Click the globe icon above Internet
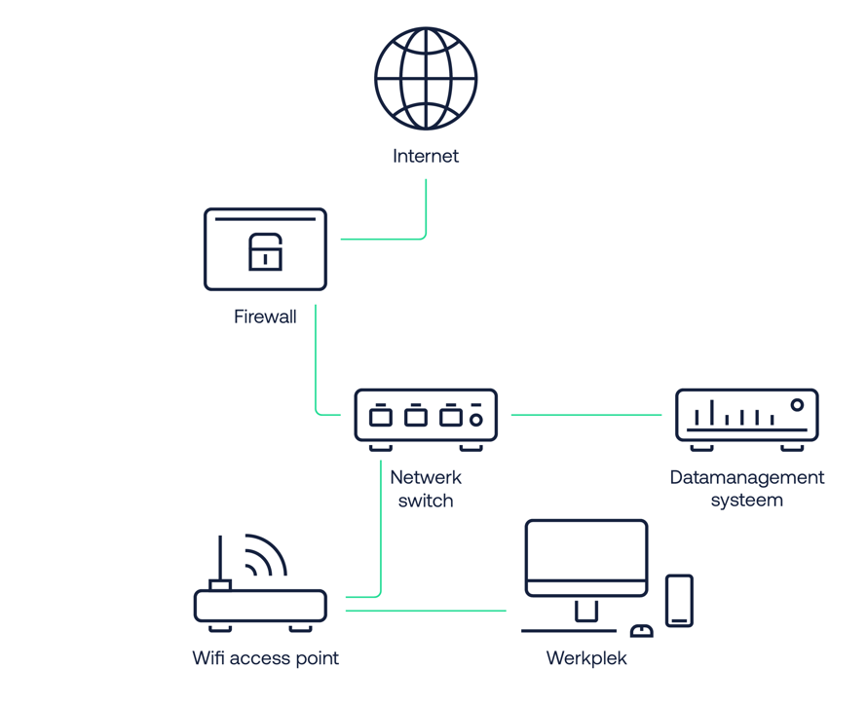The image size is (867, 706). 426,79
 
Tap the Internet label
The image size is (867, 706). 426,156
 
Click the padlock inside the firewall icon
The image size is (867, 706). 265,251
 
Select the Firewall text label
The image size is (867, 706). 265,316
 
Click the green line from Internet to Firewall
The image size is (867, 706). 425,209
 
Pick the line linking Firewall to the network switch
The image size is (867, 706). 316,360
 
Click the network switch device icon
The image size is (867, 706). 426,417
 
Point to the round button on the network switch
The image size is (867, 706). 476,420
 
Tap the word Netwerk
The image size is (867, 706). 426,478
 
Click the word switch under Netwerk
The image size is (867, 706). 426,501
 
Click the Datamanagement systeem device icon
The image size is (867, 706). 746,417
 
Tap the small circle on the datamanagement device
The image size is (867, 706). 797,405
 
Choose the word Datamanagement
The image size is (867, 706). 746,478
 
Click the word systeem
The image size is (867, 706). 746,501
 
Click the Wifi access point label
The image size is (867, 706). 265,658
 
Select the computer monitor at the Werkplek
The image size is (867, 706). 586,560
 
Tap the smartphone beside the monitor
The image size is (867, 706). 679,600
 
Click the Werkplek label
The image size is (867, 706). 586,658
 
